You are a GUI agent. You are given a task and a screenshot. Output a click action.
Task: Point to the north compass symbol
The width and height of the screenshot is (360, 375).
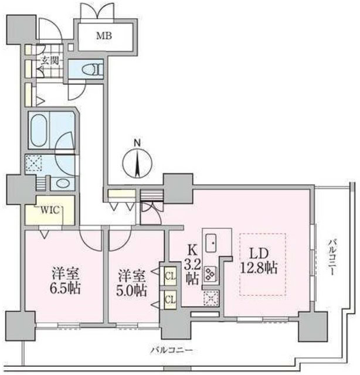[x=137, y=159]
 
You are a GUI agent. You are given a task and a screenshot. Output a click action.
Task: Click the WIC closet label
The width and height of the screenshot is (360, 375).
[x=48, y=210]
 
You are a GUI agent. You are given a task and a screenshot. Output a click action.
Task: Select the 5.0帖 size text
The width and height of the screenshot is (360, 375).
[x=131, y=289]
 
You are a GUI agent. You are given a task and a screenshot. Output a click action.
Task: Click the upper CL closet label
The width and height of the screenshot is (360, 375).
[x=171, y=274]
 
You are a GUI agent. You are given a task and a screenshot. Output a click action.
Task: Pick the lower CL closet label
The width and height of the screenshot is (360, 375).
[x=171, y=299]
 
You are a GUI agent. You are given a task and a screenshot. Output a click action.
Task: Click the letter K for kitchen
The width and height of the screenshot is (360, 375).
[x=191, y=248]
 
